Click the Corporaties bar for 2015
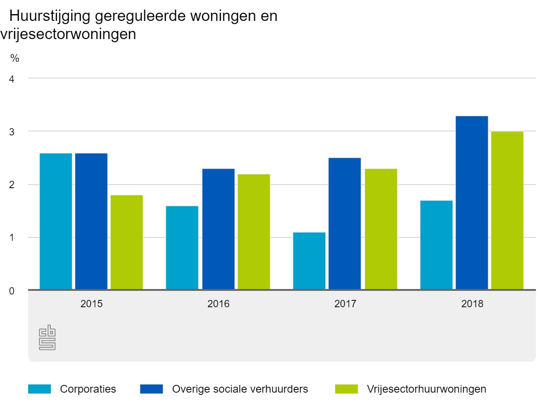click(x=56, y=221)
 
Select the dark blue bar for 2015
click(x=91, y=221)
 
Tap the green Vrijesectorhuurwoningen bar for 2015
click(x=127, y=242)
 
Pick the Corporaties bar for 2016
click(x=182, y=248)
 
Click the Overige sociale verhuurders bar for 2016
click(x=218, y=229)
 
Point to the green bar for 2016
click(x=254, y=232)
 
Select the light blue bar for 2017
click(x=309, y=261)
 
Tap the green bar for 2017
click(x=381, y=229)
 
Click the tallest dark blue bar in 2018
click(x=472, y=203)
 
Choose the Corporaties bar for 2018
click(x=436, y=245)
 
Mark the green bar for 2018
click(x=507, y=210)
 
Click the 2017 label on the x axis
click(x=345, y=304)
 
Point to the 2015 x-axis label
click(x=91, y=304)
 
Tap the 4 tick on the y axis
click(x=12, y=79)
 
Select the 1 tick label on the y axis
click(x=12, y=237)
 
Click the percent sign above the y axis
click(x=15, y=58)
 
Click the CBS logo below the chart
click(x=47, y=338)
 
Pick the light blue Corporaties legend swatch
click(x=40, y=389)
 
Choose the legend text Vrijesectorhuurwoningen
click(x=426, y=389)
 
